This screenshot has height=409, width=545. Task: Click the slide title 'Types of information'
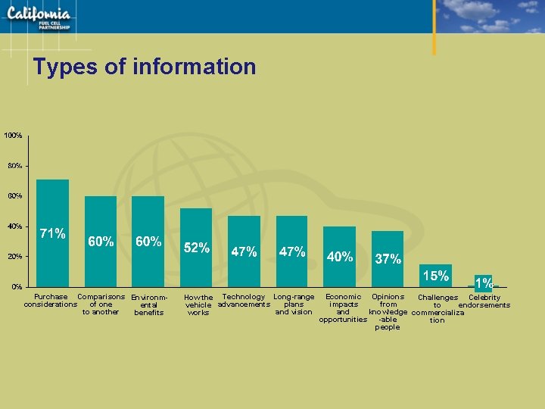click(145, 67)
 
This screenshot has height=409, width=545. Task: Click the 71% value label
click(52, 233)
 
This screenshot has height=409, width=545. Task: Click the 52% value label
click(197, 248)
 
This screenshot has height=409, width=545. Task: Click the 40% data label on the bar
click(340, 257)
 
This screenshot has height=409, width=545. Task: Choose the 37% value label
click(388, 259)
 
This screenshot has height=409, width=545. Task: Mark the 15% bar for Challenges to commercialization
click(435, 276)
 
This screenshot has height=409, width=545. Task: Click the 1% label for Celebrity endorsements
click(484, 283)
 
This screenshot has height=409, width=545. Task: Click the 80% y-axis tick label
click(14, 165)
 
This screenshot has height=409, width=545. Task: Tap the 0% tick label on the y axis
click(16, 286)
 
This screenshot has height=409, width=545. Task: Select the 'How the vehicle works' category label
click(198, 304)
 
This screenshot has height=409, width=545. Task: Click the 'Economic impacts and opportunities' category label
click(343, 308)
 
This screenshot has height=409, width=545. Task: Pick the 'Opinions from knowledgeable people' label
click(388, 312)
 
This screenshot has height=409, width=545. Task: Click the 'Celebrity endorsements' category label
click(484, 301)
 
